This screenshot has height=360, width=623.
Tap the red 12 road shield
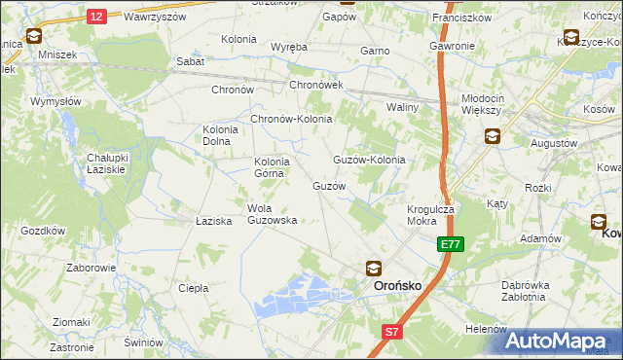(95, 17)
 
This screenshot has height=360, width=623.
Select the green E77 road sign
(450, 245)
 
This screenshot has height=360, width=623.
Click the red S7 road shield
(390, 332)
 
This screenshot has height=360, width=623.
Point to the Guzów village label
(329, 185)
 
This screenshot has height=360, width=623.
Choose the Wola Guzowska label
(272, 214)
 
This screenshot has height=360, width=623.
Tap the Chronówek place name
(316, 87)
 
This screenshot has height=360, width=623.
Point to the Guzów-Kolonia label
(369, 160)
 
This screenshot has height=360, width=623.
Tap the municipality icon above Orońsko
(374, 268)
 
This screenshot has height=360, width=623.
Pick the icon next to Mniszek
(34, 37)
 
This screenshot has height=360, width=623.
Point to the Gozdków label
(42, 231)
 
